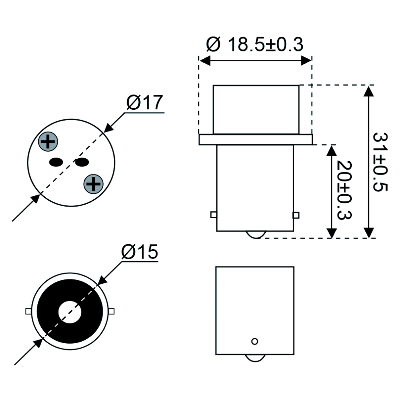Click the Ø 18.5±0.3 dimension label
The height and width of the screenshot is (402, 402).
[254, 45]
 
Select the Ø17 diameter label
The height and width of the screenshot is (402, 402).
[145, 103]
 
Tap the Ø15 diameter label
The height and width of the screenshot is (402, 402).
[140, 252]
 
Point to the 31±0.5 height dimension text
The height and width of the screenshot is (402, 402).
[380, 162]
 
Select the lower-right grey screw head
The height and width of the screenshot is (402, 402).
[93, 184]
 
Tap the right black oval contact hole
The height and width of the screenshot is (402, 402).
[82, 162]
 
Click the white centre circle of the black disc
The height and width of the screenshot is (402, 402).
[70, 312]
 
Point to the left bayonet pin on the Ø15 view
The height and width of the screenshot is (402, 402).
[28, 311]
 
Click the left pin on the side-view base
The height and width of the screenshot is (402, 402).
[213, 215]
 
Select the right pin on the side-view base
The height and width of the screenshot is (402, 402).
[296, 215]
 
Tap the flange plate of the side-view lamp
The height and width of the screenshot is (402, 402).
[256, 139]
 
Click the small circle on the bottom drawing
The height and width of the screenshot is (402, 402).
[254, 341]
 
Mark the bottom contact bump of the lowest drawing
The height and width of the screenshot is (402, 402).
[254, 357]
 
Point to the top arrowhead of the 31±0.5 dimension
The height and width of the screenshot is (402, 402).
[369, 90]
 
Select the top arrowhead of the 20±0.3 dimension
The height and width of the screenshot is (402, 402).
[332, 150]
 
